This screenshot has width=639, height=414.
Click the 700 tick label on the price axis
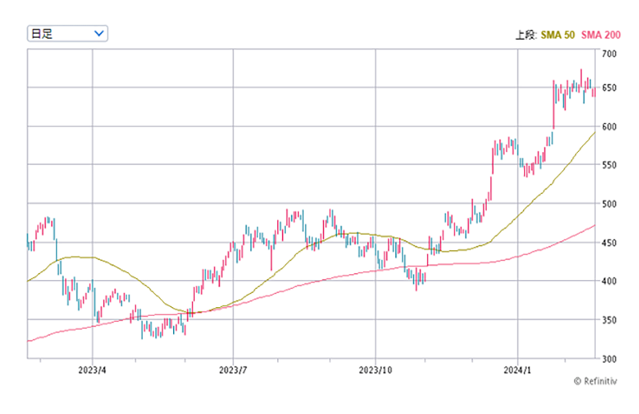609,54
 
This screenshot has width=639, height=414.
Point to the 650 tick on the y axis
609,89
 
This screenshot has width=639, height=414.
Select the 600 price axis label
609,126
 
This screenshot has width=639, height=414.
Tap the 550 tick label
609,165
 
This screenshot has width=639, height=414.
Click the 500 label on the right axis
609,204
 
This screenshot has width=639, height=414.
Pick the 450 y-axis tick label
609,243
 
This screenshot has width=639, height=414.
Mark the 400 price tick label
609,282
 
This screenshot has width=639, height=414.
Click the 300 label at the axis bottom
609,358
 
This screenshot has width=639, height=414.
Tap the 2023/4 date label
93,370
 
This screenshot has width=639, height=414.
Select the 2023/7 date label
233,370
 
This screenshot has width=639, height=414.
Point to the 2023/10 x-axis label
376,370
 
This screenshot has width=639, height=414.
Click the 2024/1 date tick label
518,370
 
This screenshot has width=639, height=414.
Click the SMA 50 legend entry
559,34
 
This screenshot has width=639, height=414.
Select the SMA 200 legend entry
601,34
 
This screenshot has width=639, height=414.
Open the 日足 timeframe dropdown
66,33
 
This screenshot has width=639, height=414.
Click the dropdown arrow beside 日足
99,33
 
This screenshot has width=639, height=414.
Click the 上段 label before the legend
526,34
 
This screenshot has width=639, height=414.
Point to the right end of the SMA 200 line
595,225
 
